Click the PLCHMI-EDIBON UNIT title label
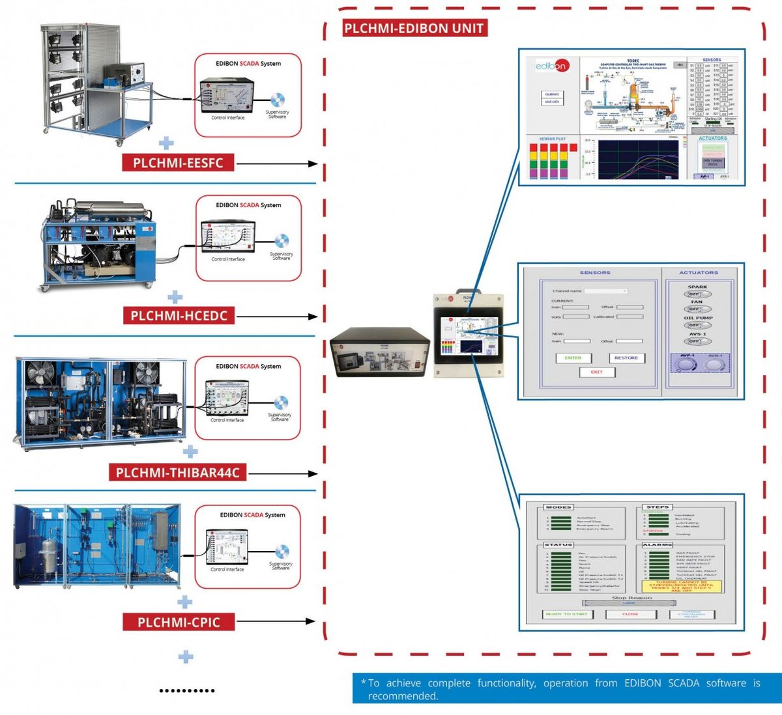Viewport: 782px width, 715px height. coord(414,28)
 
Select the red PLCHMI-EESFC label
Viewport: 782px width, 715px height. coord(178,163)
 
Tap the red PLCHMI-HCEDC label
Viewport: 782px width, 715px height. coord(179,316)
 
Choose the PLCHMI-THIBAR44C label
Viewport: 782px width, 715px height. coord(178,473)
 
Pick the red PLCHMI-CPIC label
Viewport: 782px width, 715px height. coord(179,622)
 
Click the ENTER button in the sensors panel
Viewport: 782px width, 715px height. coord(573,358)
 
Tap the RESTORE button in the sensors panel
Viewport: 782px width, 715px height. coord(626,358)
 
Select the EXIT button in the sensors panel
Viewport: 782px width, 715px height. coord(597,372)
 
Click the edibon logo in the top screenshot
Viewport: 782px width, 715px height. coord(551,66)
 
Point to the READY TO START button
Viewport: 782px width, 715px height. coord(566,614)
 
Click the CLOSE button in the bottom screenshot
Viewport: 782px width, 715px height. coord(630,614)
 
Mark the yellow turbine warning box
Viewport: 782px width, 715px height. coord(681,586)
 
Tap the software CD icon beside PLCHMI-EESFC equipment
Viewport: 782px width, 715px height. coord(277,101)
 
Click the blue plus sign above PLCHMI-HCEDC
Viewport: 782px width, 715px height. coord(175,297)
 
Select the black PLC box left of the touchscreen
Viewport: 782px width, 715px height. coord(379,352)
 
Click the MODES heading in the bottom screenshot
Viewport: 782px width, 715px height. coord(558,507)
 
